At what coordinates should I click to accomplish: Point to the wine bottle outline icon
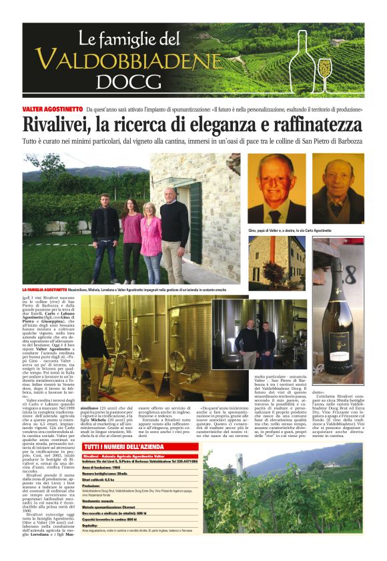(x=300, y=60)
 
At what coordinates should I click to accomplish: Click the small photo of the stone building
(x=276, y=263)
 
